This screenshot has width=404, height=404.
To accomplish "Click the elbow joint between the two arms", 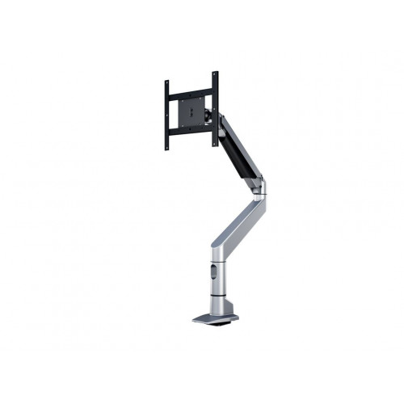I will click(258, 191).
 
